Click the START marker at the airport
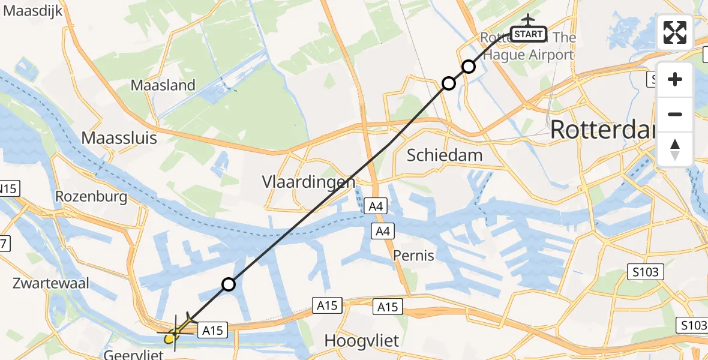(529, 34)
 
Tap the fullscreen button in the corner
(674, 32)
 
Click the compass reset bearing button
(674, 149)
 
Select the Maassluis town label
(119, 138)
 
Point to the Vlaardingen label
(308, 181)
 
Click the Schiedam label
(445, 155)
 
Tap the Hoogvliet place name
(362, 341)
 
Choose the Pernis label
(413, 256)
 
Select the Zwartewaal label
(50, 283)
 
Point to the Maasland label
(163, 85)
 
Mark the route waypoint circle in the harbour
(228, 284)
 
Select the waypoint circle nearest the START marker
(468, 66)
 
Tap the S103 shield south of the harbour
(646, 272)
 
